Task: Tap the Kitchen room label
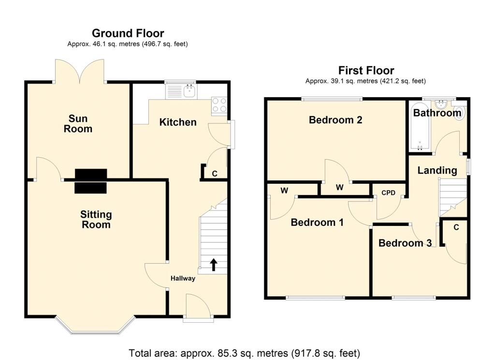tap(178, 122)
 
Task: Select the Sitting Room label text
tap(96, 219)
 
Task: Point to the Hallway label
tap(183, 278)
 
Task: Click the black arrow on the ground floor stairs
tap(213, 265)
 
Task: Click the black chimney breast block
tap(91, 181)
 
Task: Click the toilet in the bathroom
tap(459, 112)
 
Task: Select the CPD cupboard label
tap(388, 193)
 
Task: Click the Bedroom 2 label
tap(335, 120)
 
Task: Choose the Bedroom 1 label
tap(317, 223)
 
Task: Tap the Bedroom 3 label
tap(405, 243)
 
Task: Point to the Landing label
tap(437, 170)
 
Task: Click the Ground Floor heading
tap(128, 33)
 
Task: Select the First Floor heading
tap(366, 71)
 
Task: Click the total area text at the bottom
tap(244, 353)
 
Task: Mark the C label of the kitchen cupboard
tap(214, 173)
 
